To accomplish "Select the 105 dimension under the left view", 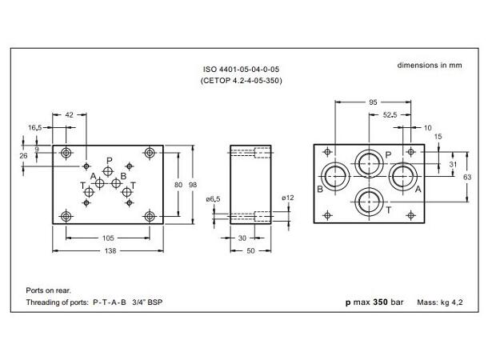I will pos(108,237).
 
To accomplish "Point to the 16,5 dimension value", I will pos(35,127).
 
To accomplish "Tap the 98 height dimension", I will pos(193,186).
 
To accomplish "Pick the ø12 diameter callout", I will pos(289,197).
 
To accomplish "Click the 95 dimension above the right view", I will pos(373,102).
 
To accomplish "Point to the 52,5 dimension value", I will pos(390,114).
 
